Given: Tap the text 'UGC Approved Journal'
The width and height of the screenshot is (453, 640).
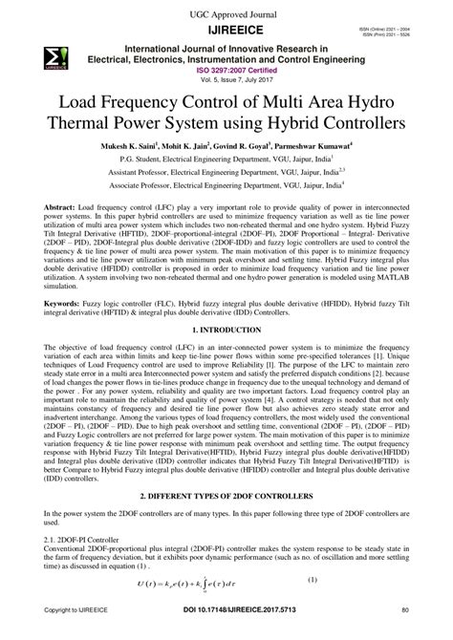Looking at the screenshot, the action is [226, 11].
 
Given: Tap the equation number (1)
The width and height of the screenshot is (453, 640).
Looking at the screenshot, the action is [366, 605].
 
